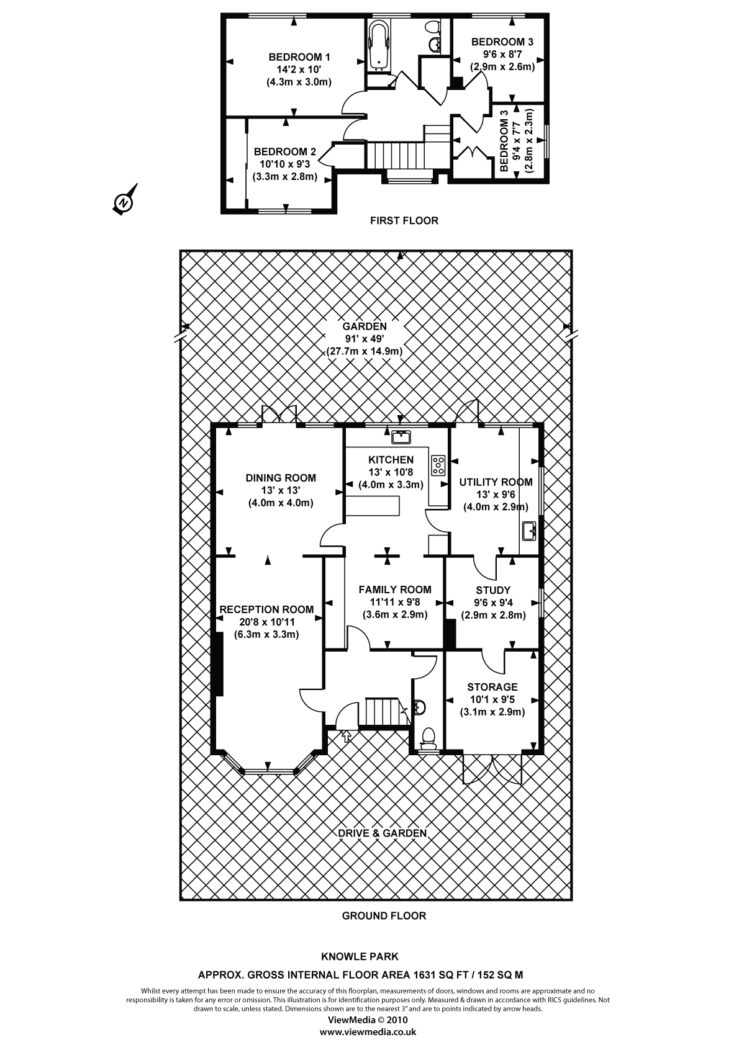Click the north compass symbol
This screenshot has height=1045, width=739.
click(124, 201)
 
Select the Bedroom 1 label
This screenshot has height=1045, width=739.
click(299, 57)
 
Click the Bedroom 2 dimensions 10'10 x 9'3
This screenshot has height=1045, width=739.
click(284, 164)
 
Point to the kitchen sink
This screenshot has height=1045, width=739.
click(401, 437)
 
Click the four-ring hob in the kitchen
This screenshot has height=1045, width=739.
click(439, 465)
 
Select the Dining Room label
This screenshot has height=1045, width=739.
click(281, 478)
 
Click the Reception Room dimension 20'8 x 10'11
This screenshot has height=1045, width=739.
click(266, 622)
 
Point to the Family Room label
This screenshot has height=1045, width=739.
click(395, 590)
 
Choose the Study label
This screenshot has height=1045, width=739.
click(493, 590)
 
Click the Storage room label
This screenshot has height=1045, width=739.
click(492, 687)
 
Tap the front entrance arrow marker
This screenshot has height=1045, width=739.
click(347, 737)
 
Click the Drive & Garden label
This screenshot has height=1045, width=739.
click(382, 833)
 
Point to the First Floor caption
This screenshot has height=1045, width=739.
click(404, 220)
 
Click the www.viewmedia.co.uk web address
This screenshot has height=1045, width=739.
click(368, 1032)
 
